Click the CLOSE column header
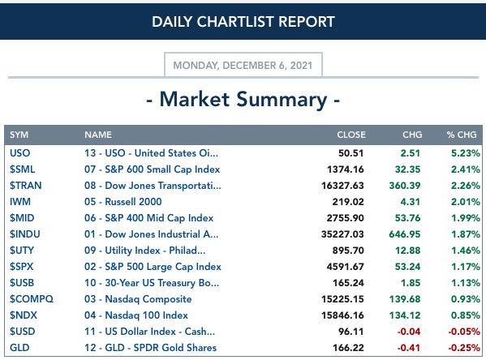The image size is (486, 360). pos(351,135)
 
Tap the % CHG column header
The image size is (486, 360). pos(461,135)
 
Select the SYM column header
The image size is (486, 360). pos(19,135)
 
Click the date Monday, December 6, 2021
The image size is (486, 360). pos(243,66)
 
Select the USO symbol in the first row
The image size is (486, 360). pos(19,153)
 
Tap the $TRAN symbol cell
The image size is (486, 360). pos(25,185)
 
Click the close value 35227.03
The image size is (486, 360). pos(342,234)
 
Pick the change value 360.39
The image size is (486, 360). pos(405,185)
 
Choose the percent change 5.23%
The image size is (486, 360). pos(465,153)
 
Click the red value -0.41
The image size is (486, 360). pos(408,348)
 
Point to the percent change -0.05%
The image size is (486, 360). pos(464,332)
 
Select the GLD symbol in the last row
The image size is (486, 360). pos(19,348)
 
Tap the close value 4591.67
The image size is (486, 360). pos(345,267)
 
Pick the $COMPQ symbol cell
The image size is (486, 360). pos(32,299)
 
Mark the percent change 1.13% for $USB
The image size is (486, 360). pos(465,283)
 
